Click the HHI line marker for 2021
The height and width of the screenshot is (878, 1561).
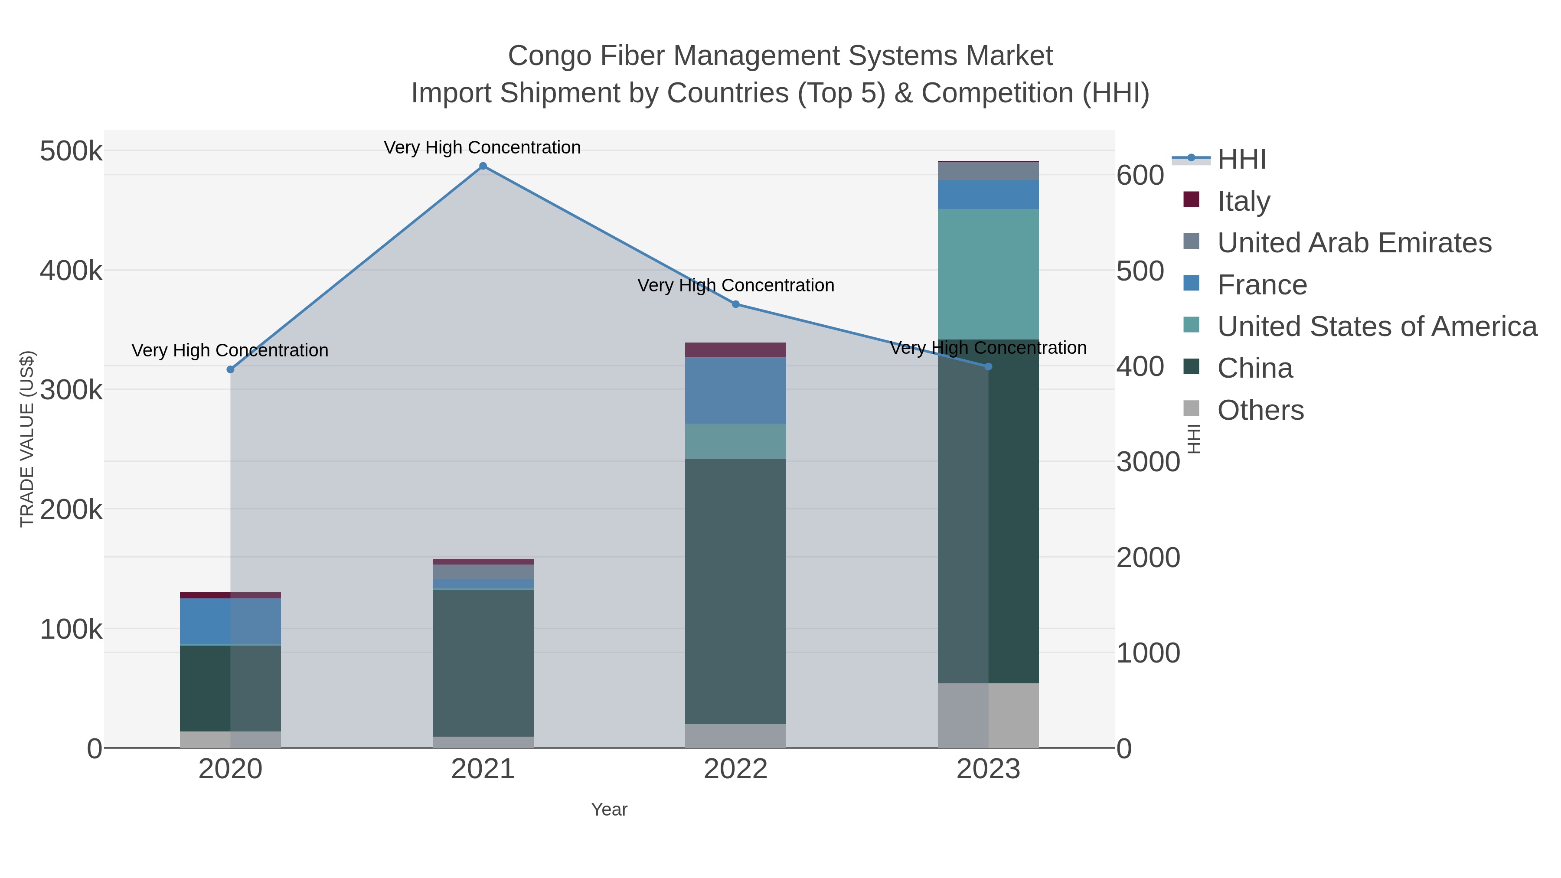click(483, 166)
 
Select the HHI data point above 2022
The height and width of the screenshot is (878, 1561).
click(736, 304)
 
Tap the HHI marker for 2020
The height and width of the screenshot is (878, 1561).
click(230, 369)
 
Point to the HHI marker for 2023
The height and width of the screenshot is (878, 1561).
click(988, 366)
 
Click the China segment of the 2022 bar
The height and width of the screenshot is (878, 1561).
click(736, 591)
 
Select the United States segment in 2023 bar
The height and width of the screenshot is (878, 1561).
click(988, 274)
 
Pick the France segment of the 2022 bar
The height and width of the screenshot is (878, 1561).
click(736, 390)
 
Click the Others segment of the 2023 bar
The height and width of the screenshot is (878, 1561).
click(988, 715)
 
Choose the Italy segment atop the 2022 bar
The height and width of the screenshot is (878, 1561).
click(736, 349)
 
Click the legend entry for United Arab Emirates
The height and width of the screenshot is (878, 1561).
click(1354, 242)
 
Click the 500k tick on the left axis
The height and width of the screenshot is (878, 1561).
click(71, 151)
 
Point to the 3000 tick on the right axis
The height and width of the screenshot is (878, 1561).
click(1148, 462)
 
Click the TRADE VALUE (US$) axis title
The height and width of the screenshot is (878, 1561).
click(27, 439)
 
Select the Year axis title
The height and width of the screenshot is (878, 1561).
click(609, 809)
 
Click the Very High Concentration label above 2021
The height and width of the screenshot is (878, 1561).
click(482, 147)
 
